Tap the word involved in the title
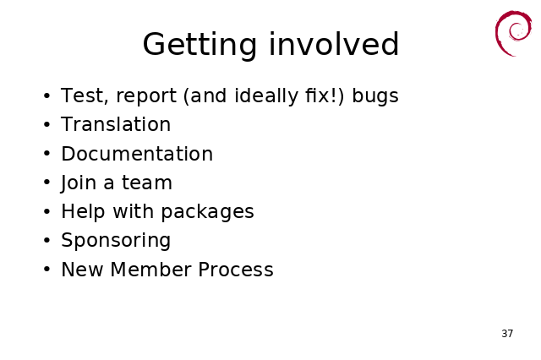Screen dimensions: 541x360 334,43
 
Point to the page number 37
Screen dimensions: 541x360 507,334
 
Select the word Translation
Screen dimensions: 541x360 116,124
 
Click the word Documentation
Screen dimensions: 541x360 137,153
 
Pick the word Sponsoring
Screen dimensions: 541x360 116,240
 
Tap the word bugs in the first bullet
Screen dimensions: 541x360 375,96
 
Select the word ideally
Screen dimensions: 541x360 266,96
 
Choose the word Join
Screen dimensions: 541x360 78,183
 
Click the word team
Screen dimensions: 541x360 147,183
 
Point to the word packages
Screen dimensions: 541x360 208,212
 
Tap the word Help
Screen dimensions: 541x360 83,211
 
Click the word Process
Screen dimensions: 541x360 236,270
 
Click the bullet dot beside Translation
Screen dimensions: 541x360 47,124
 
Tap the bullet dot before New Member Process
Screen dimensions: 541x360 47,270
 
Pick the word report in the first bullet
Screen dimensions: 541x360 146,96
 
